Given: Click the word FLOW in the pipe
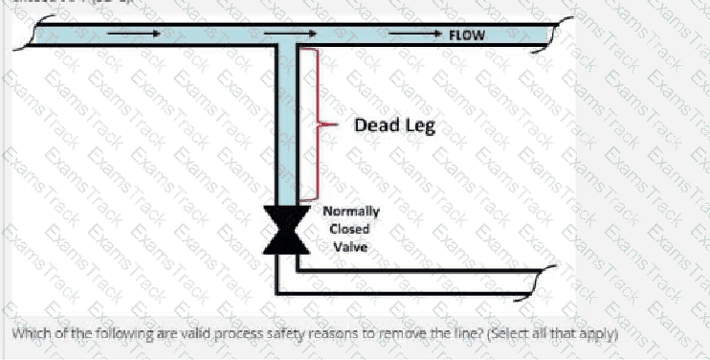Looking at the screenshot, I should (x=467, y=35).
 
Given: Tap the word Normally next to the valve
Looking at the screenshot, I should (x=350, y=212).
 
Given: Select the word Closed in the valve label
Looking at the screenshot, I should (x=348, y=229).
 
